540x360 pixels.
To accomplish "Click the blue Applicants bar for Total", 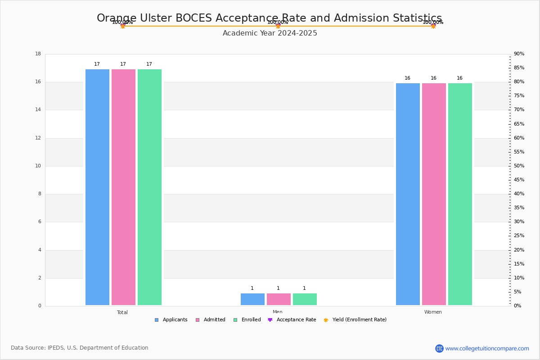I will [x=97, y=187].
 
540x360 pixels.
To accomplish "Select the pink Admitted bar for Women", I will [x=434, y=194].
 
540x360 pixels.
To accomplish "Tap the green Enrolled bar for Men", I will [x=305, y=299].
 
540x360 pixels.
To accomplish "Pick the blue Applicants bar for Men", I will [x=252, y=299].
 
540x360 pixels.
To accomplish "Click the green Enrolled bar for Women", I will [x=460, y=194].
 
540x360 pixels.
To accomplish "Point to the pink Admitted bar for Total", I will [x=123, y=187].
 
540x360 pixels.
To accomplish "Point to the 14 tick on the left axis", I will [x=38, y=110].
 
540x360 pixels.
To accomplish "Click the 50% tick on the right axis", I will [x=519, y=166].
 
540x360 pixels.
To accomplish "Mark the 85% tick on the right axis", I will [x=519, y=68].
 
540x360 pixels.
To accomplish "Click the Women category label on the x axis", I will [x=433, y=312].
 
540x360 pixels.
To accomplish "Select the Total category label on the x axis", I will [x=122, y=312].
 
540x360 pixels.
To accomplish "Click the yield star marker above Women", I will [x=433, y=26].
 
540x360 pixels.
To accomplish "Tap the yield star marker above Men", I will [x=278, y=26].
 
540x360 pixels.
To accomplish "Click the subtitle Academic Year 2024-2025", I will [x=270, y=33].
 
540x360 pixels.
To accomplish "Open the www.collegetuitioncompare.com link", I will [x=487, y=348].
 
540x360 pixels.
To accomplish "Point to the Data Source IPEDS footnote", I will [x=80, y=348].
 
